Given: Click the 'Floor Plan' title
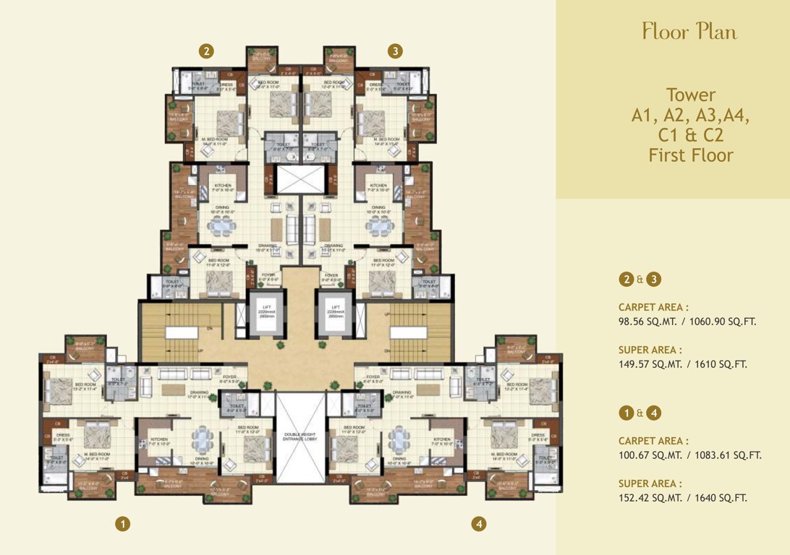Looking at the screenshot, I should (689, 32).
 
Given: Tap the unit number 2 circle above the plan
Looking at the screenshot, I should (207, 51).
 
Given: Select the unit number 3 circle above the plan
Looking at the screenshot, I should (394, 51).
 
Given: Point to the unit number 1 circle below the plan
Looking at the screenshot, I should (124, 522).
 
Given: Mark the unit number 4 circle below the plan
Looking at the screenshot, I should (478, 522).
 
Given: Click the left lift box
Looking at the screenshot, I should (263, 315).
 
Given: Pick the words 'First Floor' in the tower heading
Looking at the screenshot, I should (690, 155).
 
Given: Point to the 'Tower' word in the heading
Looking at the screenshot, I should (690, 95).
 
